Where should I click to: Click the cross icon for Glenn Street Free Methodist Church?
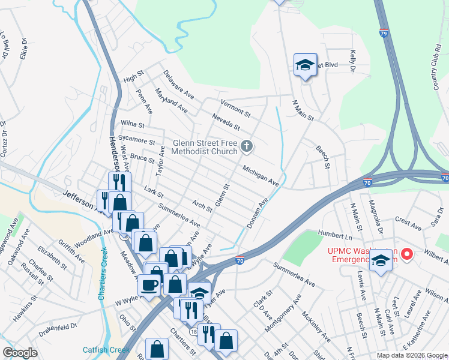[246, 146]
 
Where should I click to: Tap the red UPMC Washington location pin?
[407, 254]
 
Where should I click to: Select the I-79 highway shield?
[384, 34]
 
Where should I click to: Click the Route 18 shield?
[193, 331]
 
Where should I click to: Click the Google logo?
[20, 353]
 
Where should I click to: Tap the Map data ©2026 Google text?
[411, 355]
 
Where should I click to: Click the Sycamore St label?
[137, 140]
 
